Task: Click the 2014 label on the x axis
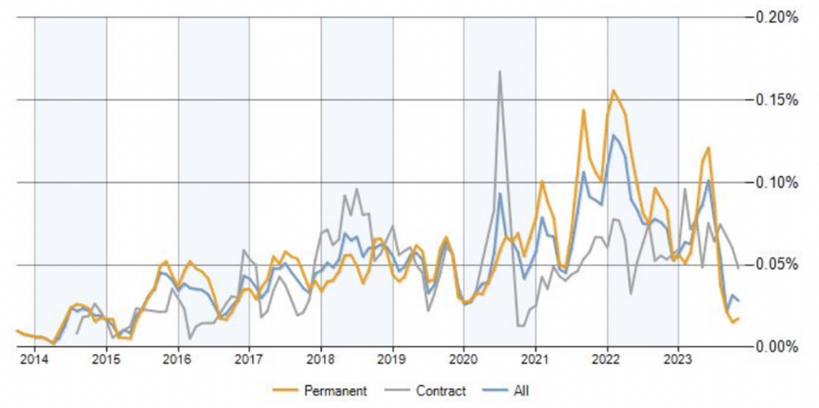click(34, 359)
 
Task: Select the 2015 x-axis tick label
click(106, 359)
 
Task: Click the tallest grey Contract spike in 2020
click(500, 71)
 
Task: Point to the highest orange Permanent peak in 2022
click(612, 90)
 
